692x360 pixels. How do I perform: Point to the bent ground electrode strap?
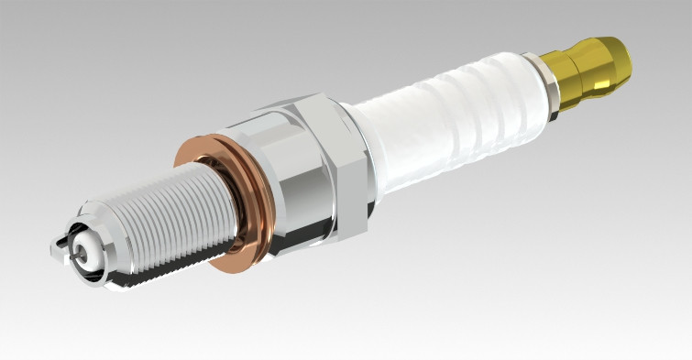(x=62, y=244)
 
